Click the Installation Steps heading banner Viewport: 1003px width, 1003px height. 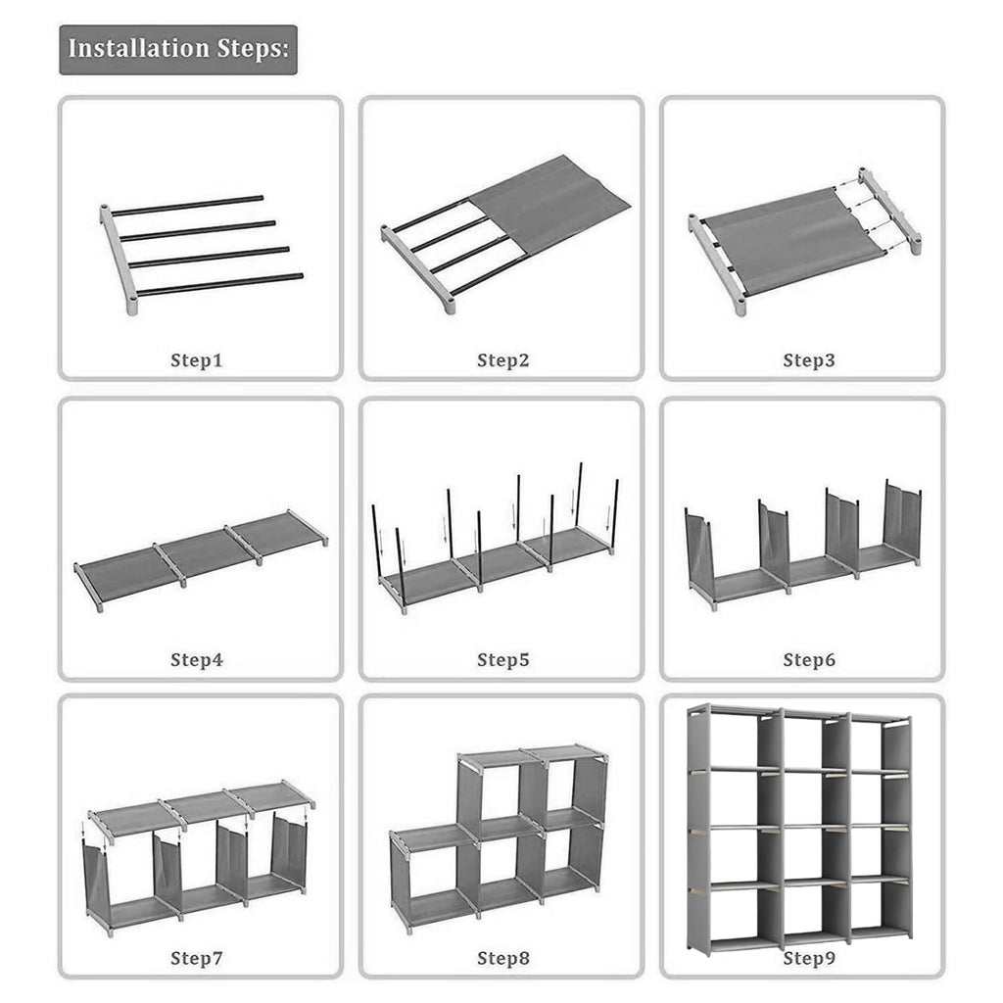coord(178,49)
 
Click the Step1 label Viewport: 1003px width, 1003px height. coord(196,360)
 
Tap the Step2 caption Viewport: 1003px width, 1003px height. coord(502,360)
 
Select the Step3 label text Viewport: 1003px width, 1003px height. coord(808,360)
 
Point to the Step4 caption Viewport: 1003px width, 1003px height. coord(196,660)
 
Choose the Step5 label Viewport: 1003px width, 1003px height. coord(502,660)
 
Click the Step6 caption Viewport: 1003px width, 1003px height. coord(808,660)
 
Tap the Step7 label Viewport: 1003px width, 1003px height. coord(196,958)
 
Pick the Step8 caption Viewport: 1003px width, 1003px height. coord(502,958)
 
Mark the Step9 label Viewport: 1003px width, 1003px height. coord(808,958)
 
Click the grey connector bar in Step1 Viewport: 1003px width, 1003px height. coord(118,260)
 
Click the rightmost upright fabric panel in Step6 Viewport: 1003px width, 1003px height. coord(902,519)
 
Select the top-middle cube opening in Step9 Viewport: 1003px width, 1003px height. coord(804,742)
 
